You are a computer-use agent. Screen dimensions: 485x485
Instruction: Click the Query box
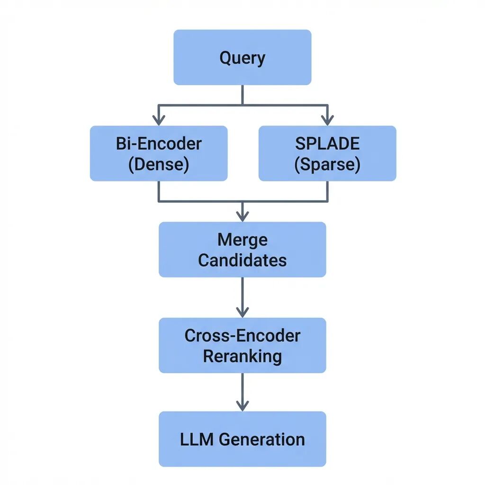[x=242, y=57]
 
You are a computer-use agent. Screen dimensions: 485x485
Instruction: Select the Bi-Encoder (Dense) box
[x=159, y=153]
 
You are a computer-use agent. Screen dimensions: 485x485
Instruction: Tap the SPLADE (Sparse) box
[x=327, y=153]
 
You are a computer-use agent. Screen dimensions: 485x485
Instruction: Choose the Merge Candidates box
[x=242, y=249]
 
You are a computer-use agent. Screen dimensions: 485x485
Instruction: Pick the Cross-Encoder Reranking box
[x=242, y=345]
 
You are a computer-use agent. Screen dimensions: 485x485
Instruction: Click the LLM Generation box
[x=242, y=439]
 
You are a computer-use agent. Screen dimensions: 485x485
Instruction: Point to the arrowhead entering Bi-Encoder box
[x=159, y=120]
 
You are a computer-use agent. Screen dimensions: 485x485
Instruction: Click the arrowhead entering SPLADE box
[x=327, y=120]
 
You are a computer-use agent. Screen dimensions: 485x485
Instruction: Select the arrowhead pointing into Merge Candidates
[x=242, y=216]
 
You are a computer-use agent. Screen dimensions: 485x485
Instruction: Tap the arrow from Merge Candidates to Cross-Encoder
[x=242, y=297]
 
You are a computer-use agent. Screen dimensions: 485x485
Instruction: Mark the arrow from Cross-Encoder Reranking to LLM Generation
[x=242, y=392]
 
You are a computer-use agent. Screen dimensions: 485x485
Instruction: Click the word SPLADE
[x=327, y=144]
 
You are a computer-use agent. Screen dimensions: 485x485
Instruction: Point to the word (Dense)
[x=159, y=164]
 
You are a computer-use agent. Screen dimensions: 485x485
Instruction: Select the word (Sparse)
[x=327, y=164]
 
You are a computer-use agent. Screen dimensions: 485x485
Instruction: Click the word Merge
[x=242, y=240]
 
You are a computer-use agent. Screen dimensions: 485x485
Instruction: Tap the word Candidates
[x=242, y=260]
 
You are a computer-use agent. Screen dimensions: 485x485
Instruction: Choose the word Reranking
[x=242, y=357]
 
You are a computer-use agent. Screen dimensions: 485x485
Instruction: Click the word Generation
[x=261, y=439]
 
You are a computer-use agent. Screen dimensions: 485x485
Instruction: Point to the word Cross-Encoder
[x=242, y=336]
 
